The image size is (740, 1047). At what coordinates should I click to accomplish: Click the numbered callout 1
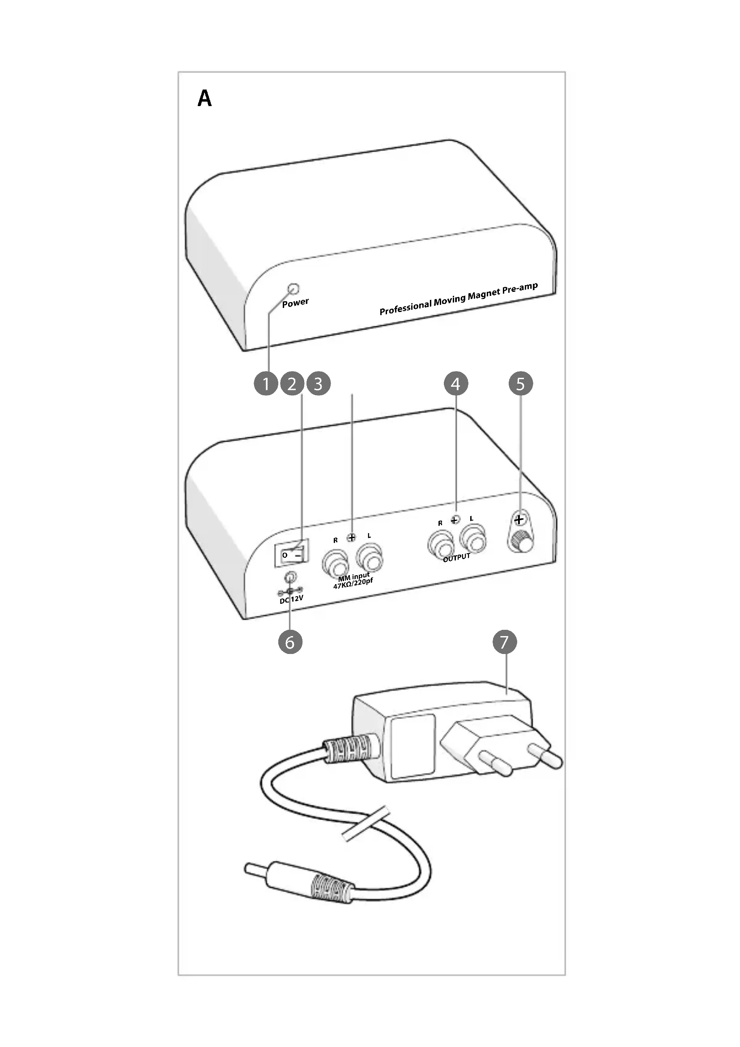pos(266,384)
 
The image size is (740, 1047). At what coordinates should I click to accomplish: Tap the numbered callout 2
pos(292,384)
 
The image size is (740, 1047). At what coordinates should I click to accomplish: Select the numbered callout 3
pos(319,384)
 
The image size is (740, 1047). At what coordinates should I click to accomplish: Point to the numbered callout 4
pos(455,384)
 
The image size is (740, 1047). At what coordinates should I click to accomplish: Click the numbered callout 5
pos(520,384)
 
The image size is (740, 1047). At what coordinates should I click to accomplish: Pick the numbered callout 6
pos(290,642)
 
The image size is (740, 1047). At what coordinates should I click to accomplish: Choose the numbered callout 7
pos(504,642)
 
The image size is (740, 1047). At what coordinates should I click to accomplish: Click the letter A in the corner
pos(204,98)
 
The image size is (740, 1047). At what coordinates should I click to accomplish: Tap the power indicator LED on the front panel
pos(294,289)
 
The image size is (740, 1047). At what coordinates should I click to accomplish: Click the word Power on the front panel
pos(295,302)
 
